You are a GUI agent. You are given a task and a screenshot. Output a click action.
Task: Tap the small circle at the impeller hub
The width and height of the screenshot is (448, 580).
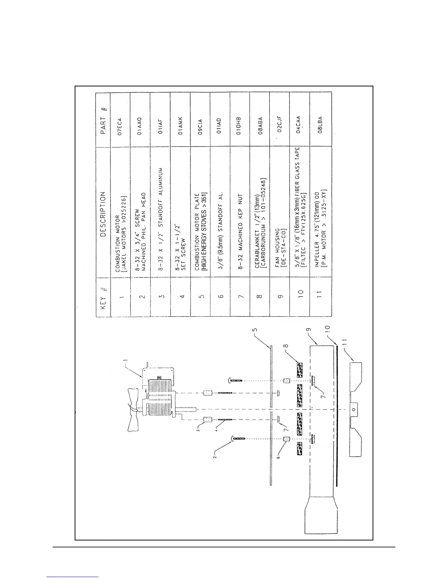tap(354, 410)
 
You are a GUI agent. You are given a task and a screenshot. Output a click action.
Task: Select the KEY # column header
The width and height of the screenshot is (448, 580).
tap(104, 297)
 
